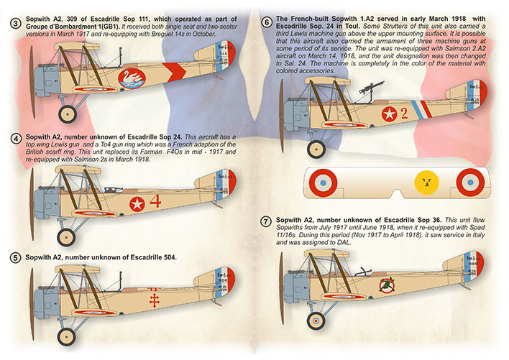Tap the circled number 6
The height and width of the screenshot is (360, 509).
click(267, 23)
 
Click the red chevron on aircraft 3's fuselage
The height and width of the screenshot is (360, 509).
click(173, 72)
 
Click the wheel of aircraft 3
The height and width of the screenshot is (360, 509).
click(68, 113)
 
